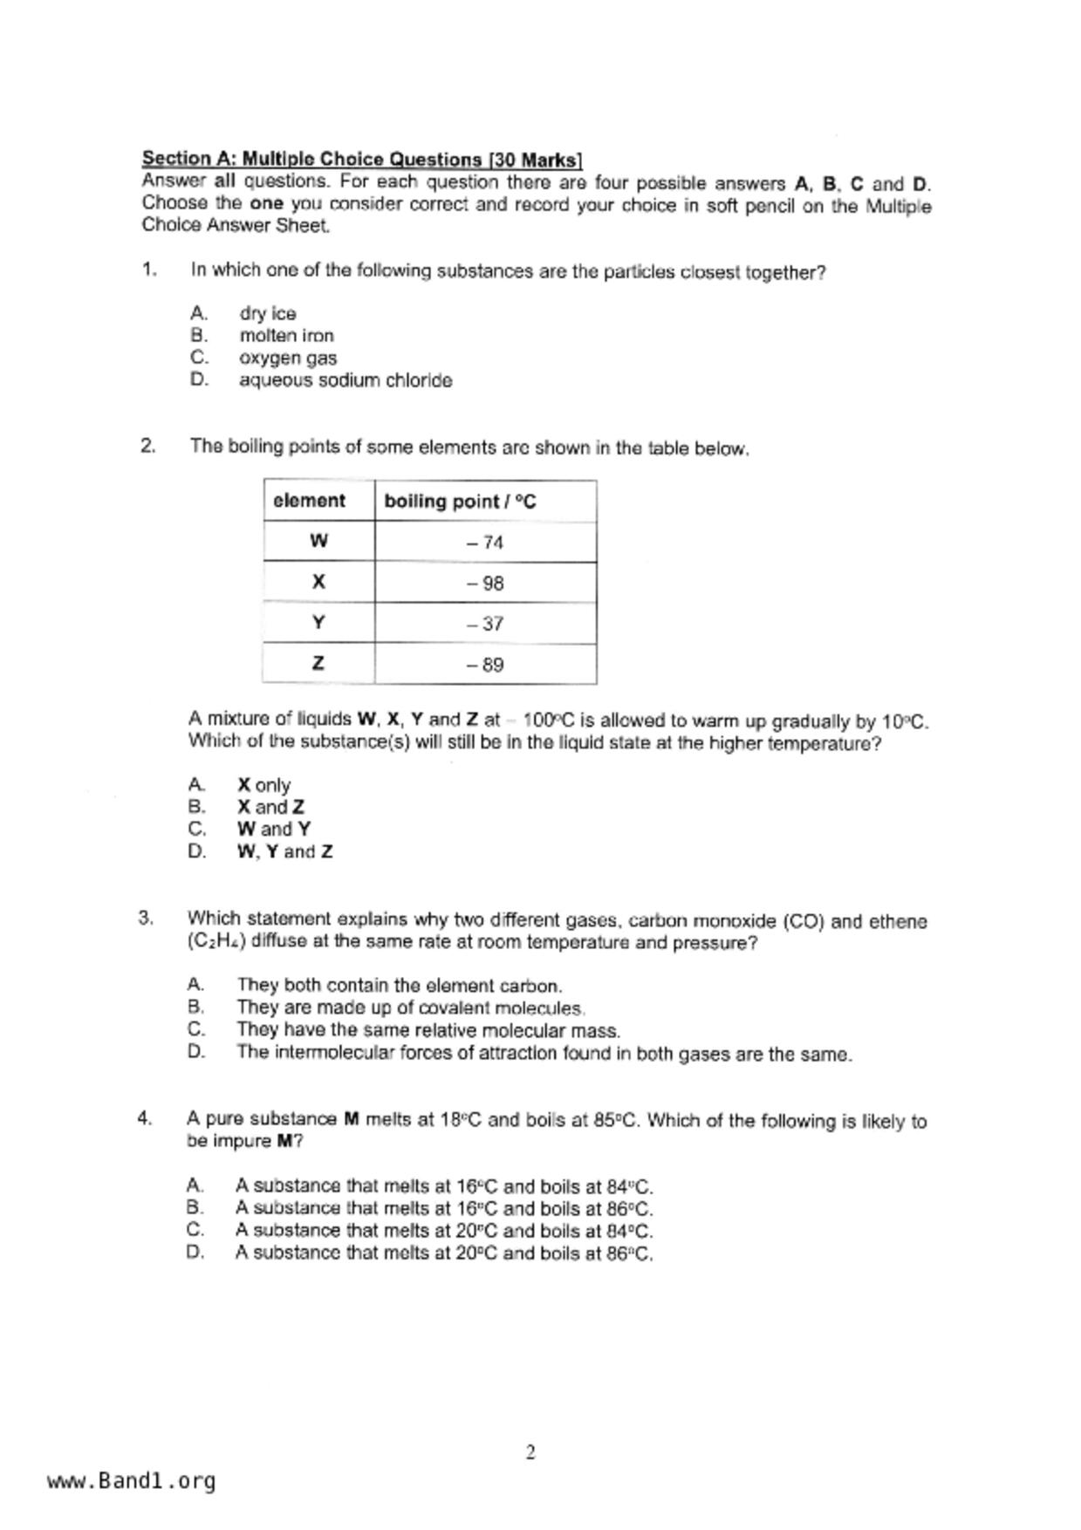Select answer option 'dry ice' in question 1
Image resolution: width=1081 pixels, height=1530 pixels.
pos(268,313)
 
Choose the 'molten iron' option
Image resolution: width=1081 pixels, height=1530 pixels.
pos(286,336)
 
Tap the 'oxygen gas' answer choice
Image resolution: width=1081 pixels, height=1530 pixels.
pos(288,358)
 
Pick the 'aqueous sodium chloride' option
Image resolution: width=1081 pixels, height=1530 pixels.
pos(346,380)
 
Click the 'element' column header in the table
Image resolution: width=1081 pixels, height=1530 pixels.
pos(309,501)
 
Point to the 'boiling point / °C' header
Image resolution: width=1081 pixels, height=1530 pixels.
pos(460,502)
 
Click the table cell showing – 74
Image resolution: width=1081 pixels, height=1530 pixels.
pos(485,543)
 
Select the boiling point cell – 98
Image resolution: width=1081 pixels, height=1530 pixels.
pos(485,584)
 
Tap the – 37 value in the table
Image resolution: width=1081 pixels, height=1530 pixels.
pos(485,624)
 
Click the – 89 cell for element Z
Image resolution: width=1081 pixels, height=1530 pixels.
pos(485,665)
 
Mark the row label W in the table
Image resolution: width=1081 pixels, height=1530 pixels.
pos(318,542)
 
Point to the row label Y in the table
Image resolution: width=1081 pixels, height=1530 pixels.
pos(318,623)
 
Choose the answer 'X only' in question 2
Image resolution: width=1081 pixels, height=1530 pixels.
pos(263,785)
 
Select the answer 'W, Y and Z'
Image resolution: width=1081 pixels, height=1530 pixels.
pos(284,851)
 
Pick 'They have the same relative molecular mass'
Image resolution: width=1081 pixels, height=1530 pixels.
pos(428,1030)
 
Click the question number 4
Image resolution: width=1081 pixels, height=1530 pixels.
pos(145,1119)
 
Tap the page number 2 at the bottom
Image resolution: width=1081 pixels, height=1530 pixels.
pos(530,1452)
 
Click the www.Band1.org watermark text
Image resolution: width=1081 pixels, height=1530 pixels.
pos(132,1481)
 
